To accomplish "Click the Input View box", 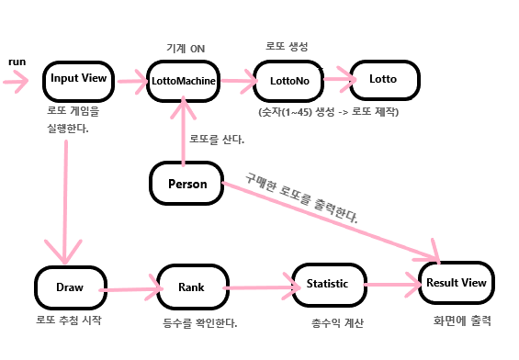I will point(78,79).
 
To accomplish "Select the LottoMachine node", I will point(184,81).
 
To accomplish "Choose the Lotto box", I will point(382,80).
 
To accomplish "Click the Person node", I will point(186,184).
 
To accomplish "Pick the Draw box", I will point(70,287).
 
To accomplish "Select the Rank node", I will point(191,287).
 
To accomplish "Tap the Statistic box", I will point(327,284).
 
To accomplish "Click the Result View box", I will point(456,284).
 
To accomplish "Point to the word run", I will point(17,61).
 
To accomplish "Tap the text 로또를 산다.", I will point(217,140).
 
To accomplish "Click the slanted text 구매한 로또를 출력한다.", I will point(301,197).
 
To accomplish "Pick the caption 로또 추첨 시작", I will point(69,320).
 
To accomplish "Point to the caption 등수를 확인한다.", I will point(193,322).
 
